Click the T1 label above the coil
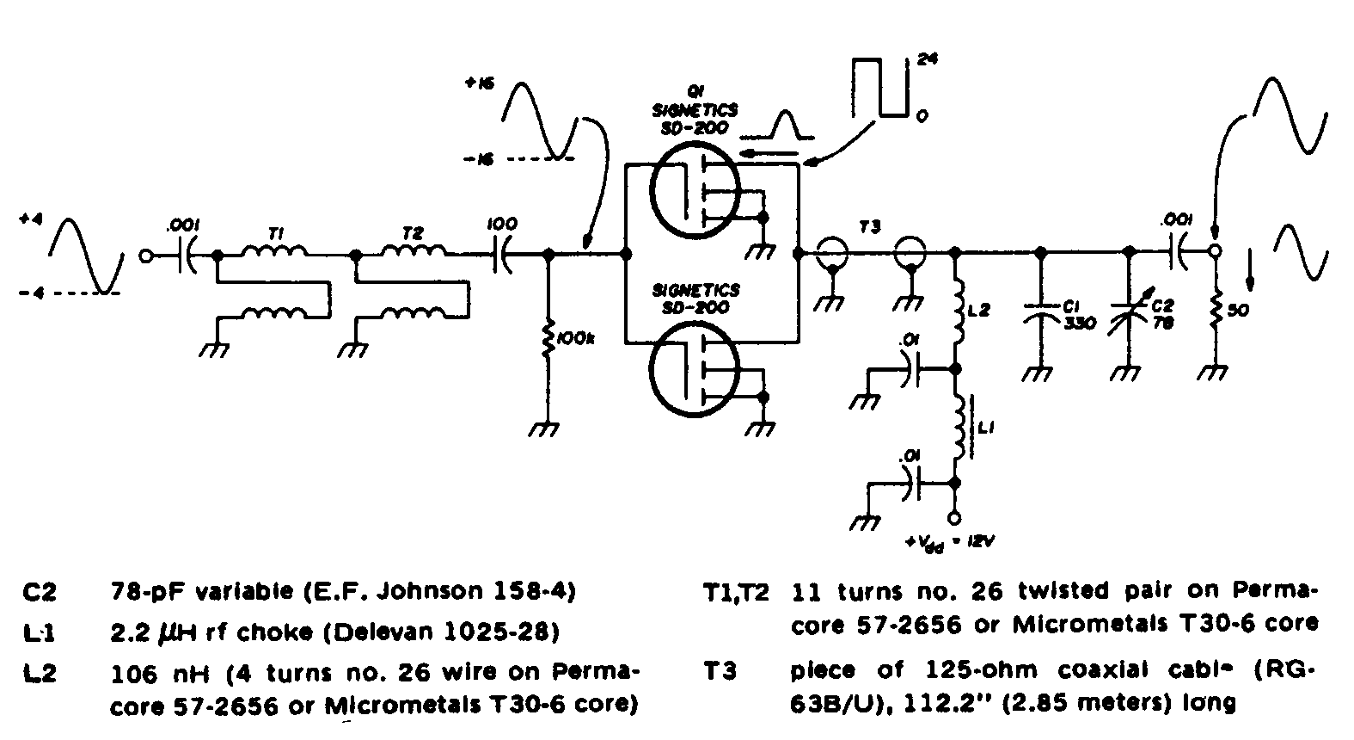(x=275, y=233)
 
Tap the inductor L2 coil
(x=956, y=314)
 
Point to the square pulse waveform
(x=879, y=86)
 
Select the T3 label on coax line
(x=870, y=226)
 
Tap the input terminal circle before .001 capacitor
(x=147, y=256)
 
